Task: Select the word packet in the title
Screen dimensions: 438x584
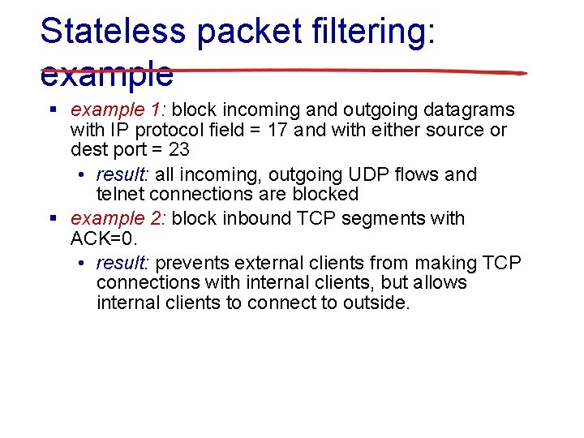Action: coord(247,32)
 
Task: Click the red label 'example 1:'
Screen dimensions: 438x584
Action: coord(118,109)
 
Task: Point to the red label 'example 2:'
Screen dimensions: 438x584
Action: coord(118,218)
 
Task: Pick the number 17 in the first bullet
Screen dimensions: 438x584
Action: coord(277,130)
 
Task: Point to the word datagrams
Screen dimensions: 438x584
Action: coord(470,109)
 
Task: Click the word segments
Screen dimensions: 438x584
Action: coord(389,218)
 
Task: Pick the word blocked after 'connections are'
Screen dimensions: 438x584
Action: coord(328,194)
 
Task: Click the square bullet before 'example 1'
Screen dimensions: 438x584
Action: coord(54,109)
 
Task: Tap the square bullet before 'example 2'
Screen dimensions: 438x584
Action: coord(54,218)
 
